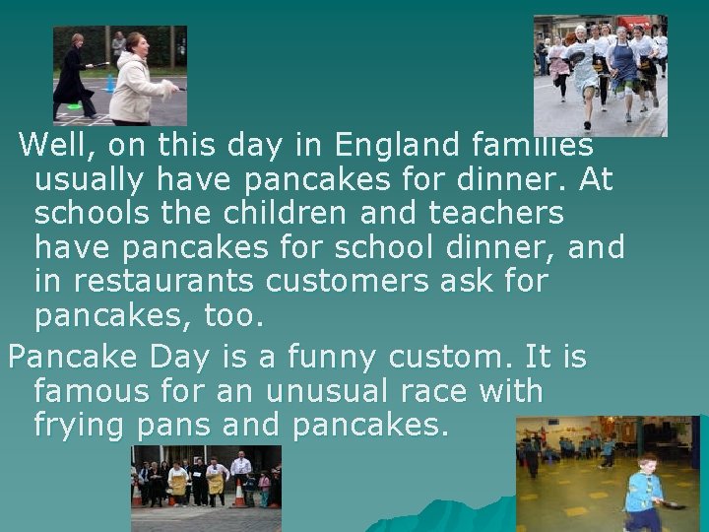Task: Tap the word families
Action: click(x=533, y=147)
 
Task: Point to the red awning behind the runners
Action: click(x=635, y=21)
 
